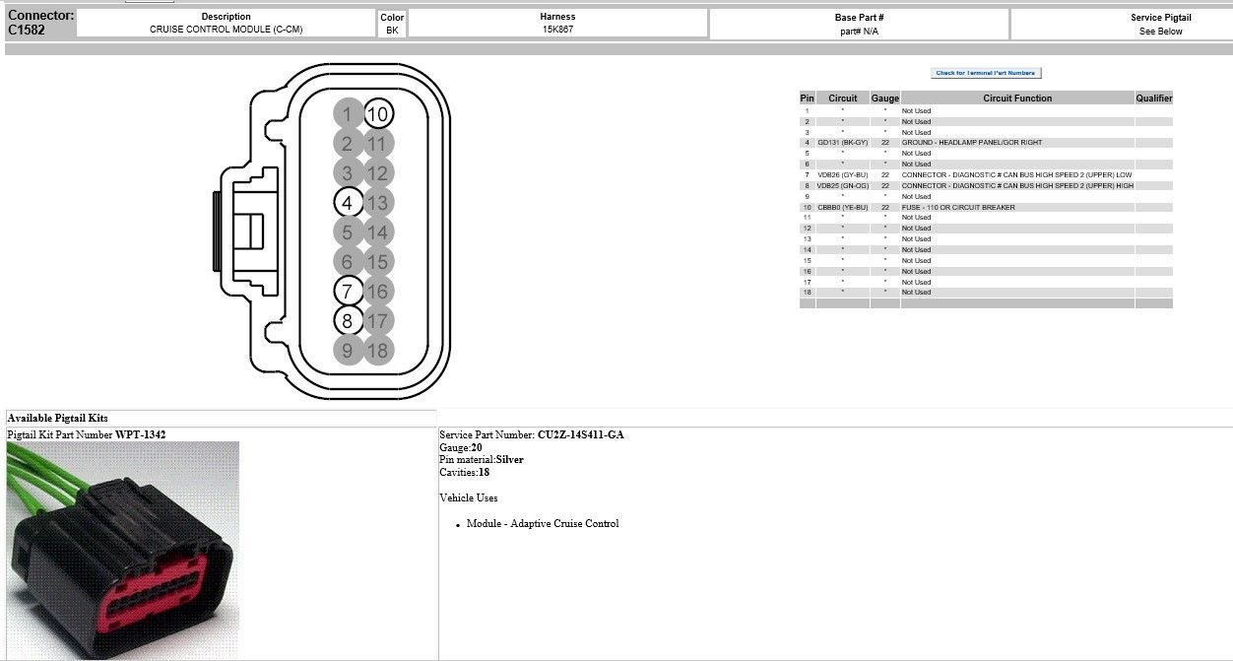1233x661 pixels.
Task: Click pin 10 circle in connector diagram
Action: click(x=377, y=114)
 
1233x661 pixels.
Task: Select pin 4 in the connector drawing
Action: click(x=347, y=203)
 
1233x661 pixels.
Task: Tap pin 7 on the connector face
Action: click(x=347, y=292)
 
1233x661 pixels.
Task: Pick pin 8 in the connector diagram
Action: click(x=347, y=320)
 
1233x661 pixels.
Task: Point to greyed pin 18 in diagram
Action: click(x=377, y=350)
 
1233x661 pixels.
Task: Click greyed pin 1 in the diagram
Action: click(x=347, y=114)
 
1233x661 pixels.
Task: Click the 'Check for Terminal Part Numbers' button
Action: click(x=985, y=73)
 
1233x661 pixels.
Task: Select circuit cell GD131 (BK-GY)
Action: click(x=842, y=143)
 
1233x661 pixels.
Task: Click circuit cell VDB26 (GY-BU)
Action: click(x=842, y=175)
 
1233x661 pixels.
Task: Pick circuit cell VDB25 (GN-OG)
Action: click(x=842, y=186)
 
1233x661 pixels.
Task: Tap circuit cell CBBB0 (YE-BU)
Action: click(x=842, y=208)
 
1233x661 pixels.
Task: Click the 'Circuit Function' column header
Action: click(x=1017, y=99)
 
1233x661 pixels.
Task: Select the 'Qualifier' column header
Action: click(x=1153, y=99)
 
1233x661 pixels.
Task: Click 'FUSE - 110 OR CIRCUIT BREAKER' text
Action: click(x=957, y=208)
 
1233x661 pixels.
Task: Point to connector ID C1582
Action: click(x=27, y=31)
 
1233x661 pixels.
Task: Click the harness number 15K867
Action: click(x=557, y=30)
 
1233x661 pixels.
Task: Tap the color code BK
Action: click(x=392, y=31)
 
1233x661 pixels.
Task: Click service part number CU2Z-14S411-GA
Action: click(x=580, y=434)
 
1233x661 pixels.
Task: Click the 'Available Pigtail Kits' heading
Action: click(x=57, y=419)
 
